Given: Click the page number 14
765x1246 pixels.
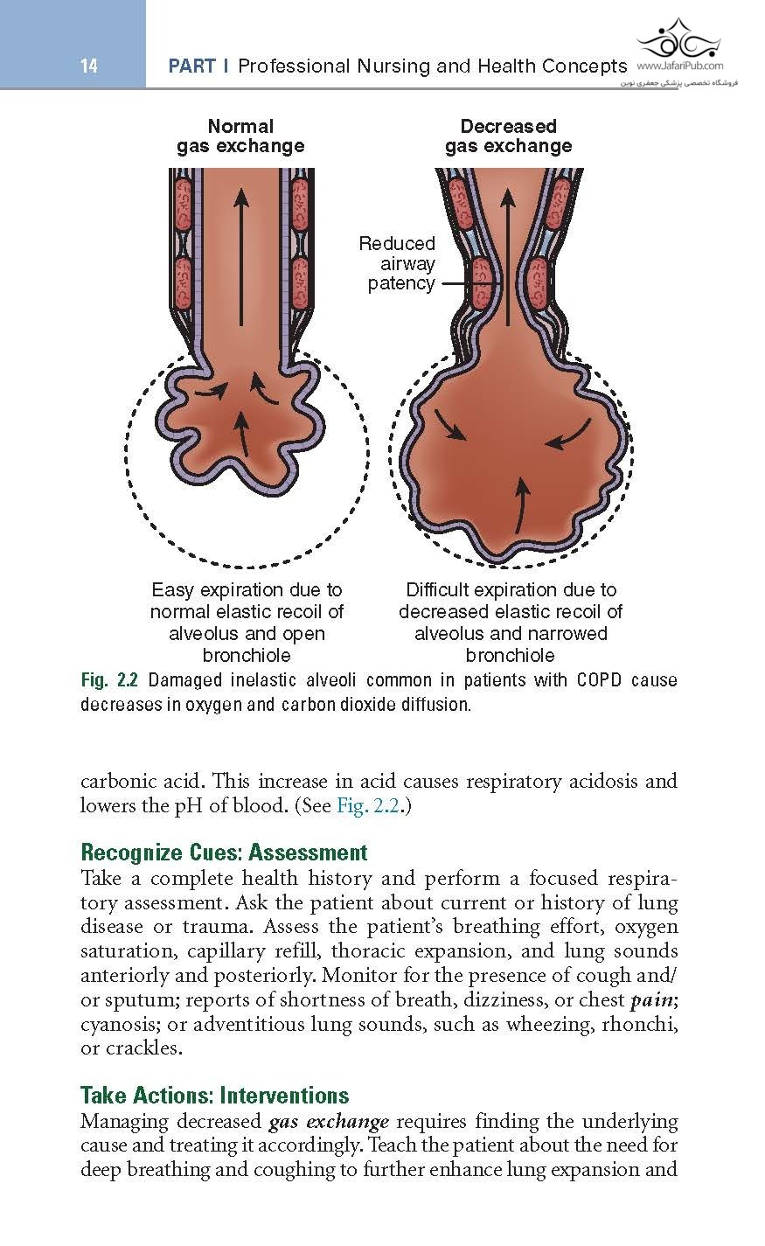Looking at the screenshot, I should point(88,66).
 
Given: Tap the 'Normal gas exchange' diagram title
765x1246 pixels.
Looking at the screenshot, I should point(240,136).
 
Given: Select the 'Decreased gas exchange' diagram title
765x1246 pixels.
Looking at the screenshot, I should point(508,136).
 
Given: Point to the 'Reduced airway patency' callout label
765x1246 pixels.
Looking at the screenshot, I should point(398,263).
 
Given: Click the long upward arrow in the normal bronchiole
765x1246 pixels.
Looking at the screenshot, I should point(240,262).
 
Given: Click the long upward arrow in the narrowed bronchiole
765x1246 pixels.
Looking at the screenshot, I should point(508,254).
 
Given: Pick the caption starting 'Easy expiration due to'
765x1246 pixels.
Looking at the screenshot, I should point(247,623).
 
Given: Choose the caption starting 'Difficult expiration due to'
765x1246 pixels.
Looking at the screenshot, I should point(511,623).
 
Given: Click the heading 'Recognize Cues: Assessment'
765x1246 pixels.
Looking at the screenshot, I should point(224,853).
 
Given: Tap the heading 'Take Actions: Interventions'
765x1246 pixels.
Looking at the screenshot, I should point(214,1096).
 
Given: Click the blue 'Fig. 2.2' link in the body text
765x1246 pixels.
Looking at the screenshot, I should point(368,805).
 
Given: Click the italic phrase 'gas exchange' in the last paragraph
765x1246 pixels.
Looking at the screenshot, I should point(329,1122).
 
